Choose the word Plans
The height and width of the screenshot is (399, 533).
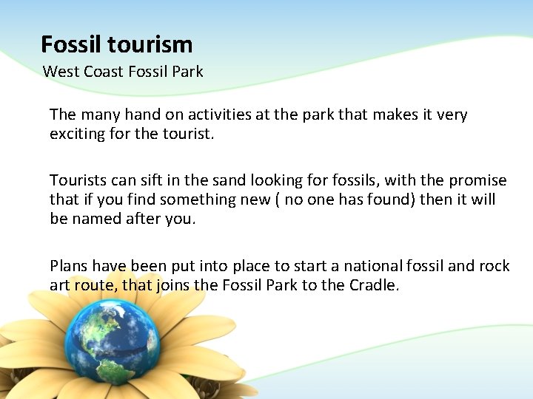point(68,265)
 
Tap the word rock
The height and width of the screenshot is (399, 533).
point(495,265)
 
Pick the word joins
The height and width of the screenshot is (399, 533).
point(172,285)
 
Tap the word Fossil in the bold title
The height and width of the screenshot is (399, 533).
point(72,45)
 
